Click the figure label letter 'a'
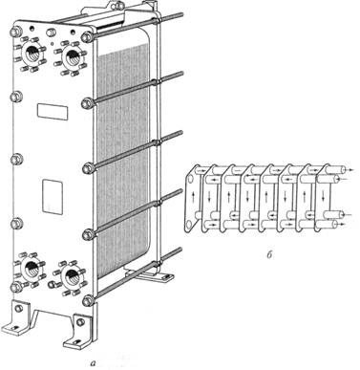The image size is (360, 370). point(93,362)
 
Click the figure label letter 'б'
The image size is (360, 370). point(269,255)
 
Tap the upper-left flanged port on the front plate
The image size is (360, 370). point(32,54)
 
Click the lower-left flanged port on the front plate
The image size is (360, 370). point(30,269)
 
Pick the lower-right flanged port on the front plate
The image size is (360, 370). point(70,277)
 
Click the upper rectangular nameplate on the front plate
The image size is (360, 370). point(53,112)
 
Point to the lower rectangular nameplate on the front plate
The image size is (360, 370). point(53,196)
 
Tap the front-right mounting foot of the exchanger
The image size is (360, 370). point(78,332)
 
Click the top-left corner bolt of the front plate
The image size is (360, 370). point(16,32)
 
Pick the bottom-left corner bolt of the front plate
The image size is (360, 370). point(16,287)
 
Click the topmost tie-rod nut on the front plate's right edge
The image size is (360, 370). point(87,37)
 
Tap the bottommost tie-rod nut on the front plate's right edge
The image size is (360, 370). point(87,300)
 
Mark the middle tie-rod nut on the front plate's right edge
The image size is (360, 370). point(87,168)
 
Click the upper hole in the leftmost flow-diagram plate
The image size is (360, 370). point(190,180)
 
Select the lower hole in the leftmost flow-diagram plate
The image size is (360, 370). point(188,225)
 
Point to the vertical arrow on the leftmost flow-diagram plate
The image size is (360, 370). point(194,198)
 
